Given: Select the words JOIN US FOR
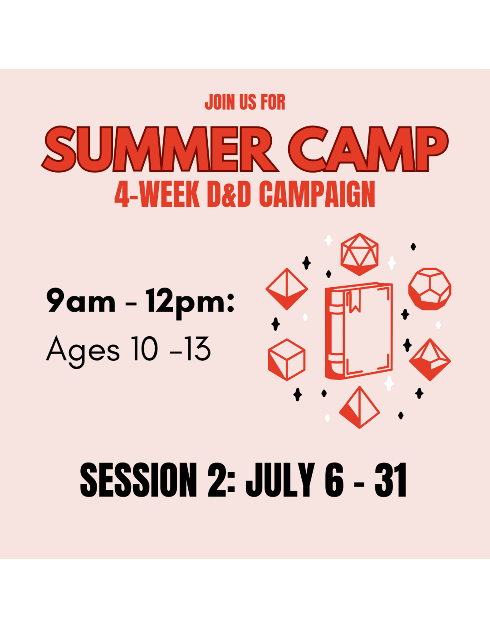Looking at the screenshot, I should coord(245,102).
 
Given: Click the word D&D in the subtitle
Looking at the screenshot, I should coord(229,194).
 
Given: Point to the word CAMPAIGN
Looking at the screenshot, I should coord(317,194).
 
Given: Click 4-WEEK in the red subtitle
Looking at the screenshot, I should coord(157,194).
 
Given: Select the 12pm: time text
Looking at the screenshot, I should coord(190,302).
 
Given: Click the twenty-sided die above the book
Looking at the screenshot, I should coord(360,254).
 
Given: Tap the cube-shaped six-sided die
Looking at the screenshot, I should coord(287,360).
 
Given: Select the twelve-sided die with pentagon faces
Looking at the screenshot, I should coord(430,289).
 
